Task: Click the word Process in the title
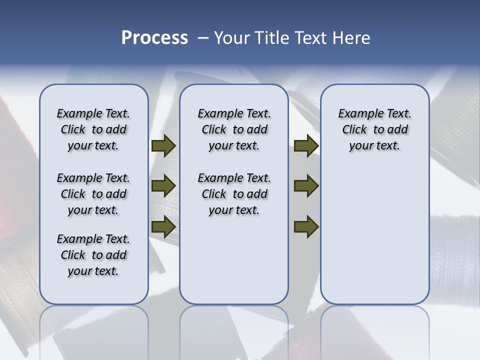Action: click(x=154, y=37)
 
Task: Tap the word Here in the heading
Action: click(x=352, y=38)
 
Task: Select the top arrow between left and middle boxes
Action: click(x=163, y=146)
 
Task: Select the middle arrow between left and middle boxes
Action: click(x=163, y=186)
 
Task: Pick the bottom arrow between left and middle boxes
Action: click(x=163, y=226)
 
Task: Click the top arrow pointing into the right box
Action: click(x=306, y=146)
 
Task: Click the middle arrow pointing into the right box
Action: click(x=306, y=186)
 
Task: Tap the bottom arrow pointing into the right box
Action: click(x=306, y=226)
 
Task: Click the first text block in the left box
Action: click(x=93, y=129)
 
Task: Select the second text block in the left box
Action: click(x=93, y=194)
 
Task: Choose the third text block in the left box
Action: click(x=93, y=255)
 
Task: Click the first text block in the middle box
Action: click(x=234, y=129)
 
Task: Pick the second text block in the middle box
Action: click(x=234, y=194)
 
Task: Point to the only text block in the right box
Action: click(x=374, y=129)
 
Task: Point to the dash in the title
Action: click(x=203, y=38)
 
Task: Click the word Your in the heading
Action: click(x=232, y=38)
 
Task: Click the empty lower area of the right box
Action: click(x=374, y=240)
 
